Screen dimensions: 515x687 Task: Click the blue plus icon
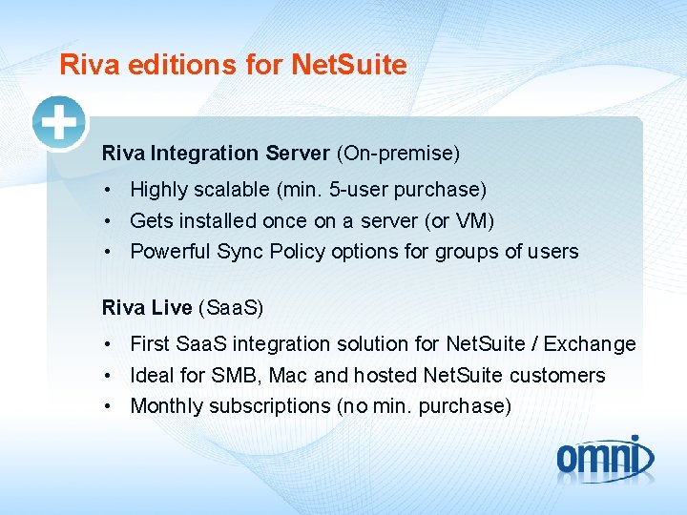coord(59,123)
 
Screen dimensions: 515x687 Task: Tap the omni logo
coord(605,458)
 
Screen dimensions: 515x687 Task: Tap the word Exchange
coord(593,344)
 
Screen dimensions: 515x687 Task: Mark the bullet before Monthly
coord(110,406)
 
